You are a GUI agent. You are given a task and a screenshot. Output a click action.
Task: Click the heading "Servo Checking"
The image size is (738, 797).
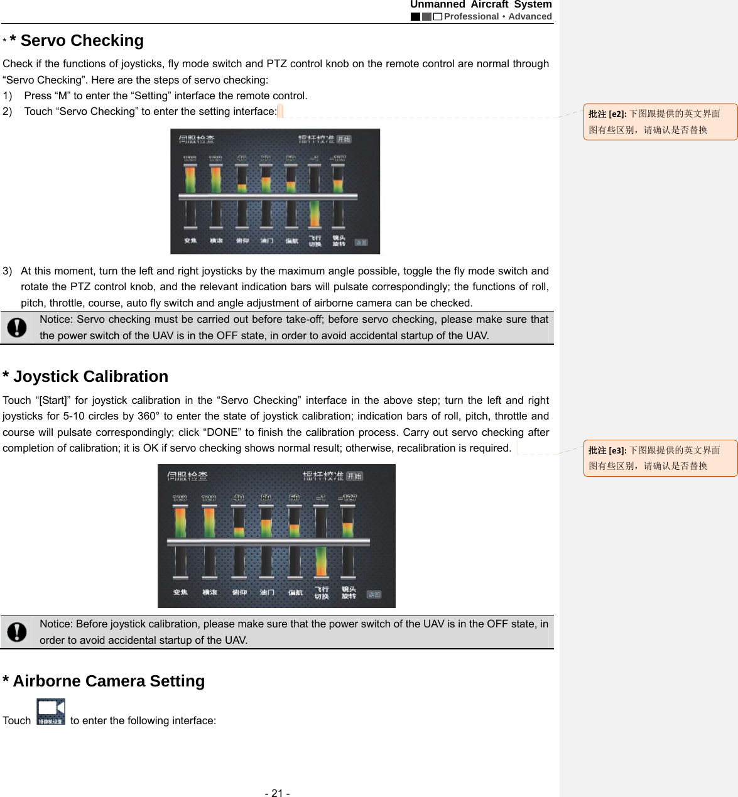point(82,41)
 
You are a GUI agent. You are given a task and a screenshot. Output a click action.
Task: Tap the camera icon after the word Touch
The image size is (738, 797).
point(50,712)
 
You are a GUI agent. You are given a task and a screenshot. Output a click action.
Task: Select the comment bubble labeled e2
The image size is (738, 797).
point(659,122)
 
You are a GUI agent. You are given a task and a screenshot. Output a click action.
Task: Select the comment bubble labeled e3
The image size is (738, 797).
point(659,458)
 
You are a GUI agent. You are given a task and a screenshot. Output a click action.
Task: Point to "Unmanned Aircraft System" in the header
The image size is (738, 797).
point(480,5)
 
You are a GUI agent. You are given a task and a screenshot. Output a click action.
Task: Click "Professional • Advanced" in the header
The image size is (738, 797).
point(497,16)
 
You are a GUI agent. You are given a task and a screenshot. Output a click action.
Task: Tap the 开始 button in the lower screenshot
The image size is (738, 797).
point(355,476)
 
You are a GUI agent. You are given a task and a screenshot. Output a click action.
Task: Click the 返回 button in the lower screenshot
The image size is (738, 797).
point(374,594)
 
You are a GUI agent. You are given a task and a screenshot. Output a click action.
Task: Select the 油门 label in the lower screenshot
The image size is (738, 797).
point(267,592)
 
